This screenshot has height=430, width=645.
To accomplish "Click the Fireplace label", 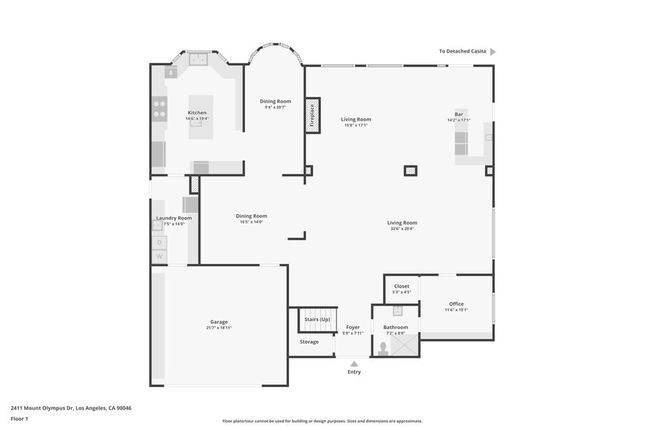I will tap(312, 116).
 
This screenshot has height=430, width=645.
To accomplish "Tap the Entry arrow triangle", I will tap(354, 363).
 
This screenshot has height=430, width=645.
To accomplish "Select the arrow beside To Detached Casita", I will tap(493, 52).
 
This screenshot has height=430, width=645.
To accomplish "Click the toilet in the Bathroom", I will tap(382, 347).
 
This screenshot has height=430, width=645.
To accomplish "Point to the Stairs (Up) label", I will tap(317, 320).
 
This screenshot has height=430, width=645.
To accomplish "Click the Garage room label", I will tap(219, 322).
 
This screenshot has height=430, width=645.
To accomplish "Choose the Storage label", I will tap(309, 342).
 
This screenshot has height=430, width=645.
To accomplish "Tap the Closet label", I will tap(401, 286).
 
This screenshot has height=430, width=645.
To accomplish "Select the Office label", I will tap(456, 304).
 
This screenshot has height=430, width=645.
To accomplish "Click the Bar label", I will tap(459, 114).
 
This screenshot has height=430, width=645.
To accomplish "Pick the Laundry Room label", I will tap(174, 218).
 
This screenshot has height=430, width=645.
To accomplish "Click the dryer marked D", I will tap(159, 243).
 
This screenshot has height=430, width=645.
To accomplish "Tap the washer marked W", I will tap(159, 257).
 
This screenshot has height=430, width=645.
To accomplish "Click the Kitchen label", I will tap(197, 113).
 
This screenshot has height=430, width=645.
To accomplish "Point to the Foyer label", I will tap(353, 327).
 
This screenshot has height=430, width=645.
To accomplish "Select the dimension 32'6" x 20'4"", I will tap(402, 229).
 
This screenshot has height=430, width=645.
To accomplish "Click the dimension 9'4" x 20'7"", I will tap(275, 107).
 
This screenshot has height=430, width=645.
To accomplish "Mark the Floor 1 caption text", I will tap(19, 419).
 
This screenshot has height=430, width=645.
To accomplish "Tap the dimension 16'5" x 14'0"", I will tap(251, 222).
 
